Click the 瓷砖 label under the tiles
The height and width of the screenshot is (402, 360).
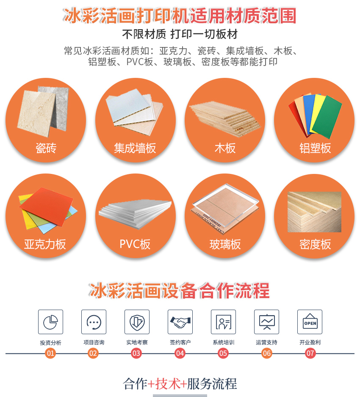click(46, 148)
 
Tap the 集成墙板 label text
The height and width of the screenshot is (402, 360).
click(135, 148)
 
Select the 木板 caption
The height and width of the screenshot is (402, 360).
click(225, 148)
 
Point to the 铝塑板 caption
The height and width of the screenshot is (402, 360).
click(315, 148)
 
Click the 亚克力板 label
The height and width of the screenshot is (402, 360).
click(45, 244)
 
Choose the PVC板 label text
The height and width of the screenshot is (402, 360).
click(135, 244)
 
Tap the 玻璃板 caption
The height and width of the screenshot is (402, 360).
click(225, 244)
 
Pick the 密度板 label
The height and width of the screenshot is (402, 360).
click(315, 244)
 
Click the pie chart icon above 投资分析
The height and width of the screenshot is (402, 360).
click(50, 322)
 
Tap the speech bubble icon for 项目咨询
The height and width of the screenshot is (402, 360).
click(94, 322)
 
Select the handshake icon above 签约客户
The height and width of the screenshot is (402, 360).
click(180, 322)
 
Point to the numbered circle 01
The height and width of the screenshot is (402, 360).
click(50, 353)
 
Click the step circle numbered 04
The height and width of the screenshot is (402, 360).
click(180, 353)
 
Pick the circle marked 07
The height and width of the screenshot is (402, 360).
click(310, 353)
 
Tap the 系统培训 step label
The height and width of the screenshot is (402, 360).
click(223, 342)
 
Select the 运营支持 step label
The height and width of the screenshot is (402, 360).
click(266, 342)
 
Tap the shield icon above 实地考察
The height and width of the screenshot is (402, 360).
click(137, 322)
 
